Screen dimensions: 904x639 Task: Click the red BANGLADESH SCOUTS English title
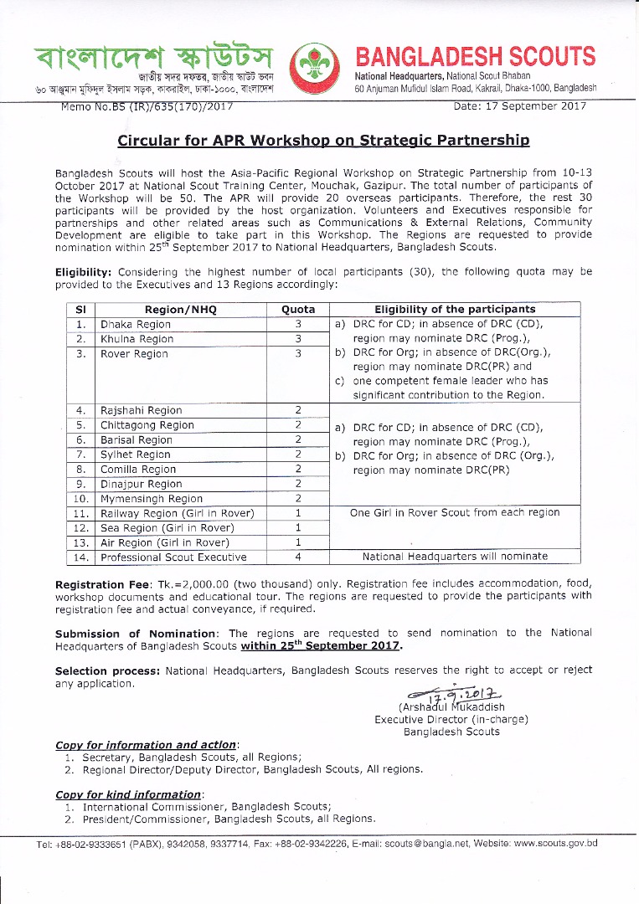point(476,57)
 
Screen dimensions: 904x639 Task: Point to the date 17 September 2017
point(519,106)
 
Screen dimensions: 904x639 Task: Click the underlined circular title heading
point(323,141)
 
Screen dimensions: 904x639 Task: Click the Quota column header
point(298,309)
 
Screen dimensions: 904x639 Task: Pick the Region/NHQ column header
point(180,309)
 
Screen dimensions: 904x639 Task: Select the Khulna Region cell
point(137,339)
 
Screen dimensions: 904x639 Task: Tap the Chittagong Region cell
point(147,425)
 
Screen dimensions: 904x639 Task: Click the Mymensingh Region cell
point(152,499)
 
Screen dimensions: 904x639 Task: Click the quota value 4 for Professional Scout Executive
point(298,557)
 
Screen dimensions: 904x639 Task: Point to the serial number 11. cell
point(81,513)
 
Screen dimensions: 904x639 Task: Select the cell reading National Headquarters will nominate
point(455,557)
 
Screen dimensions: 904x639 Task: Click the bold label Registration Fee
point(102,583)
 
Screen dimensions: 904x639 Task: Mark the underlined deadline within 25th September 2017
point(322,646)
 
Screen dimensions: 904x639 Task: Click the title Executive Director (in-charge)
point(451,719)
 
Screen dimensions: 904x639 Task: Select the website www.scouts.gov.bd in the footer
point(555,843)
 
